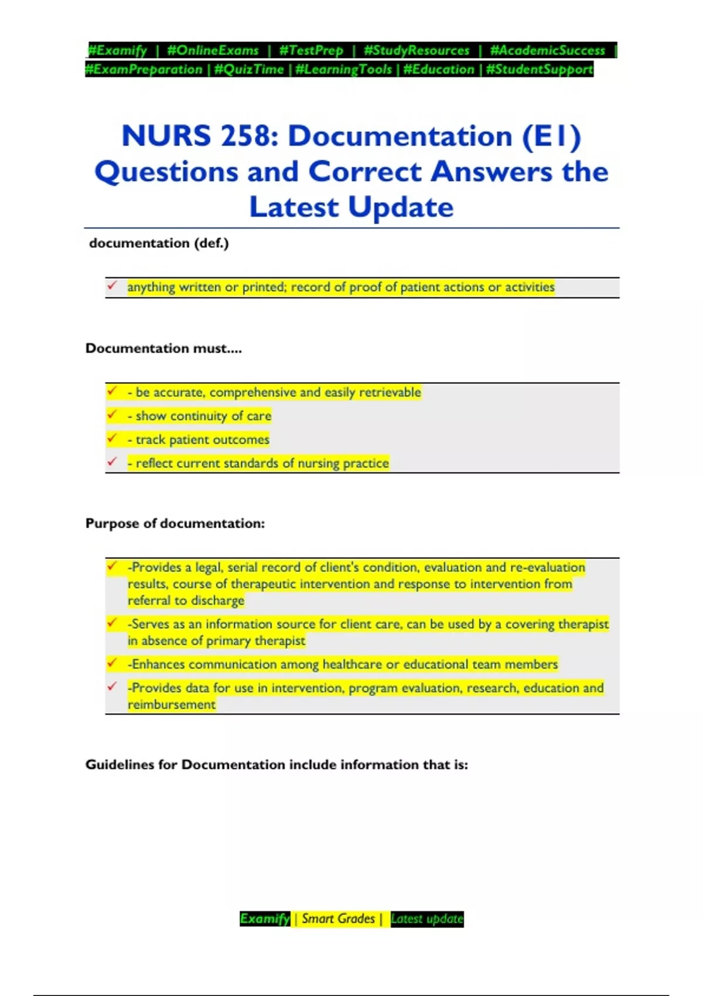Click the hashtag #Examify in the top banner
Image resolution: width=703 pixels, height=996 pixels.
point(118,50)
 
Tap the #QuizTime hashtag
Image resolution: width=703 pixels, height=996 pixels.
point(249,70)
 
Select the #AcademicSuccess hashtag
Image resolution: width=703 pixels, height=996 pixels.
point(547,50)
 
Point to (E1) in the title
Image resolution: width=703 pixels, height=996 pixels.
point(551,137)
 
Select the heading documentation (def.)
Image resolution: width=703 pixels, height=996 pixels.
point(159,243)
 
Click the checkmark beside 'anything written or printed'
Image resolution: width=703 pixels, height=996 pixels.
point(112,286)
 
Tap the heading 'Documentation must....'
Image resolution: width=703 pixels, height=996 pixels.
point(163,349)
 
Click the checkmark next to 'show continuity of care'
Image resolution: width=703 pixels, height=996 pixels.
point(112,415)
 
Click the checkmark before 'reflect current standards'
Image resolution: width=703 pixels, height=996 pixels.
point(112,462)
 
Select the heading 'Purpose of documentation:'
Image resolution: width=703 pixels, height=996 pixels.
point(175,523)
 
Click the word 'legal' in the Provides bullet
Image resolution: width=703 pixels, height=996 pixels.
point(209,567)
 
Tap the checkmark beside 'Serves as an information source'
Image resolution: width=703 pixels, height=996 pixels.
point(112,623)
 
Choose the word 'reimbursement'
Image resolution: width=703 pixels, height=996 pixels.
point(172,705)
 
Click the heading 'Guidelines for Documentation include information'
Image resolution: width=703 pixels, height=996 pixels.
point(277,765)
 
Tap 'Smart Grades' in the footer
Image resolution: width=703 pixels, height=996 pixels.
point(338,919)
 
